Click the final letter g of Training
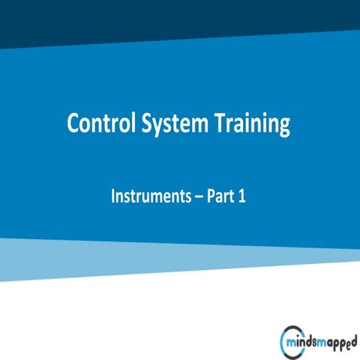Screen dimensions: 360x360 click(x=282, y=127)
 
